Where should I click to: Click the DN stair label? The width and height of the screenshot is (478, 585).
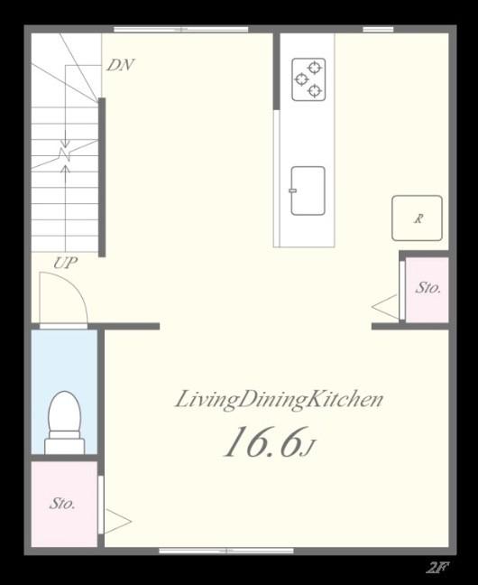[x=120, y=65]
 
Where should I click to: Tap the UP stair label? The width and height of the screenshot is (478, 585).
[x=66, y=263]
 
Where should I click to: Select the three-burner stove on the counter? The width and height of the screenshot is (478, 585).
[x=308, y=79]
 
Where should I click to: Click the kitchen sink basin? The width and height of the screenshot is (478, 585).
[x=308, y=190]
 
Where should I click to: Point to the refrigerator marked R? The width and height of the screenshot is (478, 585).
[x=417, y=218]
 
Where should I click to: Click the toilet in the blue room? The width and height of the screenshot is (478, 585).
[x=65, y=422]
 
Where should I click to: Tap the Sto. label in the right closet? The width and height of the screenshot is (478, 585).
[x=428, y=288]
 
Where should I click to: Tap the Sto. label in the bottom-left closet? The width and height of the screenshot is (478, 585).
[x=62, y=504]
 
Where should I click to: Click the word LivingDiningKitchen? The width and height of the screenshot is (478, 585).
[x=279, y=400]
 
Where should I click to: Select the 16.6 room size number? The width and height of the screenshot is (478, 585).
[x=262, y=442]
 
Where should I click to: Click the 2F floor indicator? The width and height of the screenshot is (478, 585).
[x=437, y=568]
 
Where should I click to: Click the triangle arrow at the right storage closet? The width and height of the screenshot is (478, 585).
[x=385, y=307]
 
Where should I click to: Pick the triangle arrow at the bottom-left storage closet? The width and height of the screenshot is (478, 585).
[x=118, y=521]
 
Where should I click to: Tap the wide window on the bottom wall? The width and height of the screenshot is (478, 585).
[x=226, y=551]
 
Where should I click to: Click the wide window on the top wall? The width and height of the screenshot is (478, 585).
[x=181, y=29]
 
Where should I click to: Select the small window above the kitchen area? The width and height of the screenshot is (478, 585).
[x=378, y=29]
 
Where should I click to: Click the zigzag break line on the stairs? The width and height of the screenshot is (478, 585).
[x=64, y=154]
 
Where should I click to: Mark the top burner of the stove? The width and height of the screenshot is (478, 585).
[x=315, y=68]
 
